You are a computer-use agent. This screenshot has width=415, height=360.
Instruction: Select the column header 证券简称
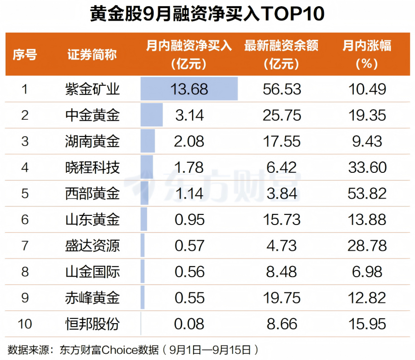(x=92, y=54)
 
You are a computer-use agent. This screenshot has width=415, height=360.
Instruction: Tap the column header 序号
(x=24, y=54)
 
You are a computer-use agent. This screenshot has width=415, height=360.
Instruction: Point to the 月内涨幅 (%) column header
(x=367, y=54)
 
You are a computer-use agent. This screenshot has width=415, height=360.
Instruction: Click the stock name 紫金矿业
(x=92, y=89)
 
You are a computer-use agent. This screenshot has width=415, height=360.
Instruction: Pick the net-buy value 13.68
(x=190, y=89)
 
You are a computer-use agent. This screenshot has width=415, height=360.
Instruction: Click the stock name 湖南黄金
(x=92, y=141)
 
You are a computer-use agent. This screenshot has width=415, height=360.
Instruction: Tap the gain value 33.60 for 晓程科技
(x=367, y=168)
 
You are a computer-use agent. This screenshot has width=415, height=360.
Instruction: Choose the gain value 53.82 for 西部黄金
(x=367, y=193)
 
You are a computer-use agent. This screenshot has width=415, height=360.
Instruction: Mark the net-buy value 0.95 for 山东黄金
(x=190, y=220)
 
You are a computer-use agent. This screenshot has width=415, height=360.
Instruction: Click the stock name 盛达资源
(x=92, y=246)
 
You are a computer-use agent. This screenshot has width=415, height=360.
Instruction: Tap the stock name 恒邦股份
(x=92, y=324)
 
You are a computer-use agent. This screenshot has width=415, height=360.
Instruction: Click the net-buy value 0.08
(x=190, y=324)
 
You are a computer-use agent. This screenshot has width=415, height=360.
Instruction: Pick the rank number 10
(x=24, y=324)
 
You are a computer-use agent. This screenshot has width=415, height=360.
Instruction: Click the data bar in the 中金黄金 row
(x=152, y=115)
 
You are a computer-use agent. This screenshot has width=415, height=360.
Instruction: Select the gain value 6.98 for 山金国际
(x=367, y=272)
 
